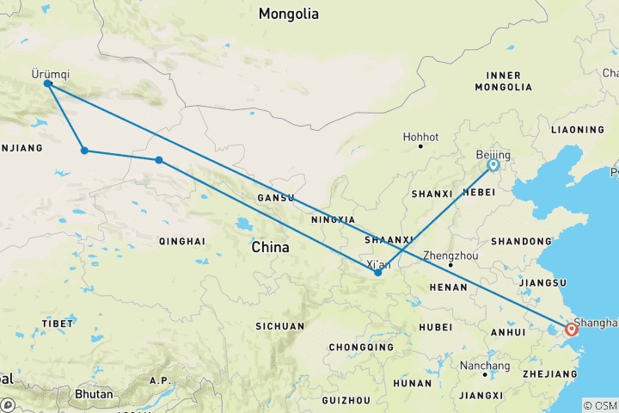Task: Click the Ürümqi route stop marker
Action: click(47, 84)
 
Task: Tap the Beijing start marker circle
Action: click(493, 164)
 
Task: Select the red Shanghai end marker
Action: click(572, 330)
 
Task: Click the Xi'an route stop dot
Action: click(378, 273)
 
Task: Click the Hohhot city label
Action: click(420, 137)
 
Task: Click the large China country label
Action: click(270, 247)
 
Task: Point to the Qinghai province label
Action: click(182, 242)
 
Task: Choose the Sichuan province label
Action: click(279, 326)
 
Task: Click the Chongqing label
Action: click(353, 348)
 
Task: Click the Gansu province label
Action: click(276, 198)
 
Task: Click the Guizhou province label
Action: click(346, 400)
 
